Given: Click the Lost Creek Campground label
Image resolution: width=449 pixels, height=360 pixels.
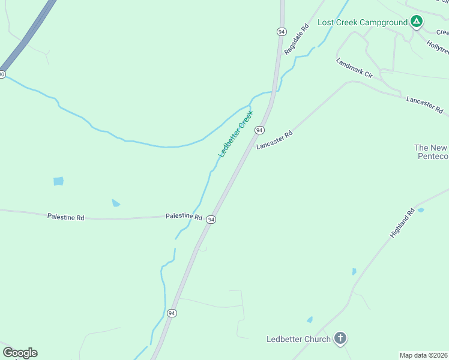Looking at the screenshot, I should point(362,22).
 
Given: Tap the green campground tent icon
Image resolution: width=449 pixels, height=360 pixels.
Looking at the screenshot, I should point(417,22).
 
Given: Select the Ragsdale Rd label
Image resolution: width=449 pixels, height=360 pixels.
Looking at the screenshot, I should point(297,40).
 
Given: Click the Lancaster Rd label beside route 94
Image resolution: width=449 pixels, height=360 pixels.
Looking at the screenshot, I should point(274,140).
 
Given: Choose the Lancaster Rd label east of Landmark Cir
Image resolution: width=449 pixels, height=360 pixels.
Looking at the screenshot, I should point(424,104).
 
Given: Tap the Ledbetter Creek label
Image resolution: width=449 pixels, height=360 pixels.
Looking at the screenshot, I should point(236,133).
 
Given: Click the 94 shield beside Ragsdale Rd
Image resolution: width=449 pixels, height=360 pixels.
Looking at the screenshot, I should point(281,31).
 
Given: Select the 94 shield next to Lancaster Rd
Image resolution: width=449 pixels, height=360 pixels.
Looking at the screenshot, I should point(259,130).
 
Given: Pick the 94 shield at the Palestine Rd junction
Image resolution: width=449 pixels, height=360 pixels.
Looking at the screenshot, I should point(211,220).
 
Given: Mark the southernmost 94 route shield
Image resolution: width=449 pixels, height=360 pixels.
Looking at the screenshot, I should point(172,313).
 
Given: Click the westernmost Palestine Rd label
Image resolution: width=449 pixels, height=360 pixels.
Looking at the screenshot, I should point(65,217).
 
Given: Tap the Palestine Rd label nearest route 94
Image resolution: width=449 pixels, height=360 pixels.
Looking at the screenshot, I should point(184,215).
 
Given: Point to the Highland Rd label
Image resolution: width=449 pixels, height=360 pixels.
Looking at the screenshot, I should point(402,223).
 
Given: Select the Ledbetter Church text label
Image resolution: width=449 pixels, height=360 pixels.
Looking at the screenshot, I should point(298,339).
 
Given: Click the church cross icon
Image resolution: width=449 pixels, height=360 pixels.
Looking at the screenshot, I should point(340,339).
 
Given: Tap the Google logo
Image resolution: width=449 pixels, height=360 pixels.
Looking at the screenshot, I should point(20,353).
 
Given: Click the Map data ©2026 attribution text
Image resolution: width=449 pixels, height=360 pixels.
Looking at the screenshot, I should point(424,355).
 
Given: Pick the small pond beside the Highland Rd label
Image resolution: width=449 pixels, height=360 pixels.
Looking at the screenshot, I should point(420,210).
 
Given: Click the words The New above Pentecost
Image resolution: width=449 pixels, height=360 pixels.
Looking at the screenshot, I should point(431,148).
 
